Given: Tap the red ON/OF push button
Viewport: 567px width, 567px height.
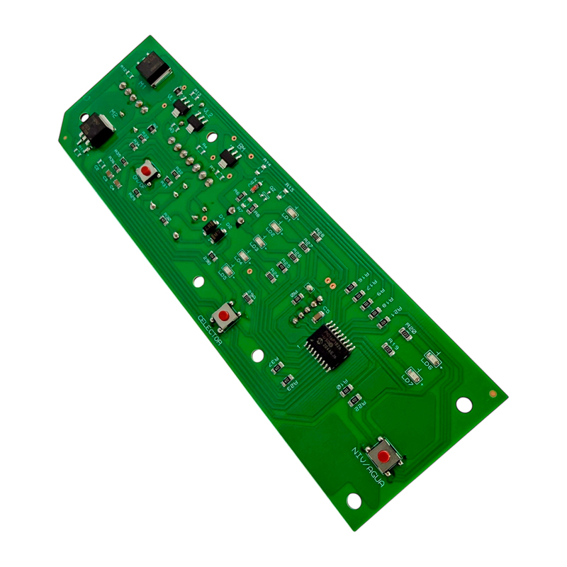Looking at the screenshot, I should pyautogui.click(x=147, y=171).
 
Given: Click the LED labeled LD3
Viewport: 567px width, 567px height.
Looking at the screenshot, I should pyautogui.click(x=259, y=242).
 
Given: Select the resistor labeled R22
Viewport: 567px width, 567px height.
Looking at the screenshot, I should pyautogui.click(x=354, y=398).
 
